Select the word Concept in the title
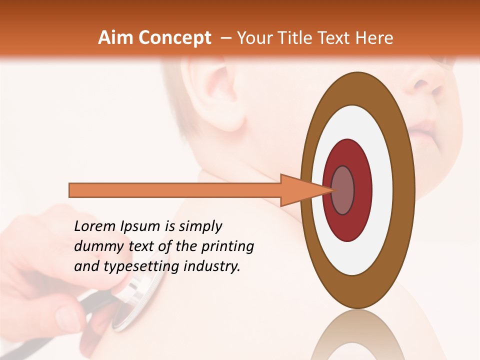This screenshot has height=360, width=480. (174, 38)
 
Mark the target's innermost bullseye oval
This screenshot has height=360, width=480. (342, 190)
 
